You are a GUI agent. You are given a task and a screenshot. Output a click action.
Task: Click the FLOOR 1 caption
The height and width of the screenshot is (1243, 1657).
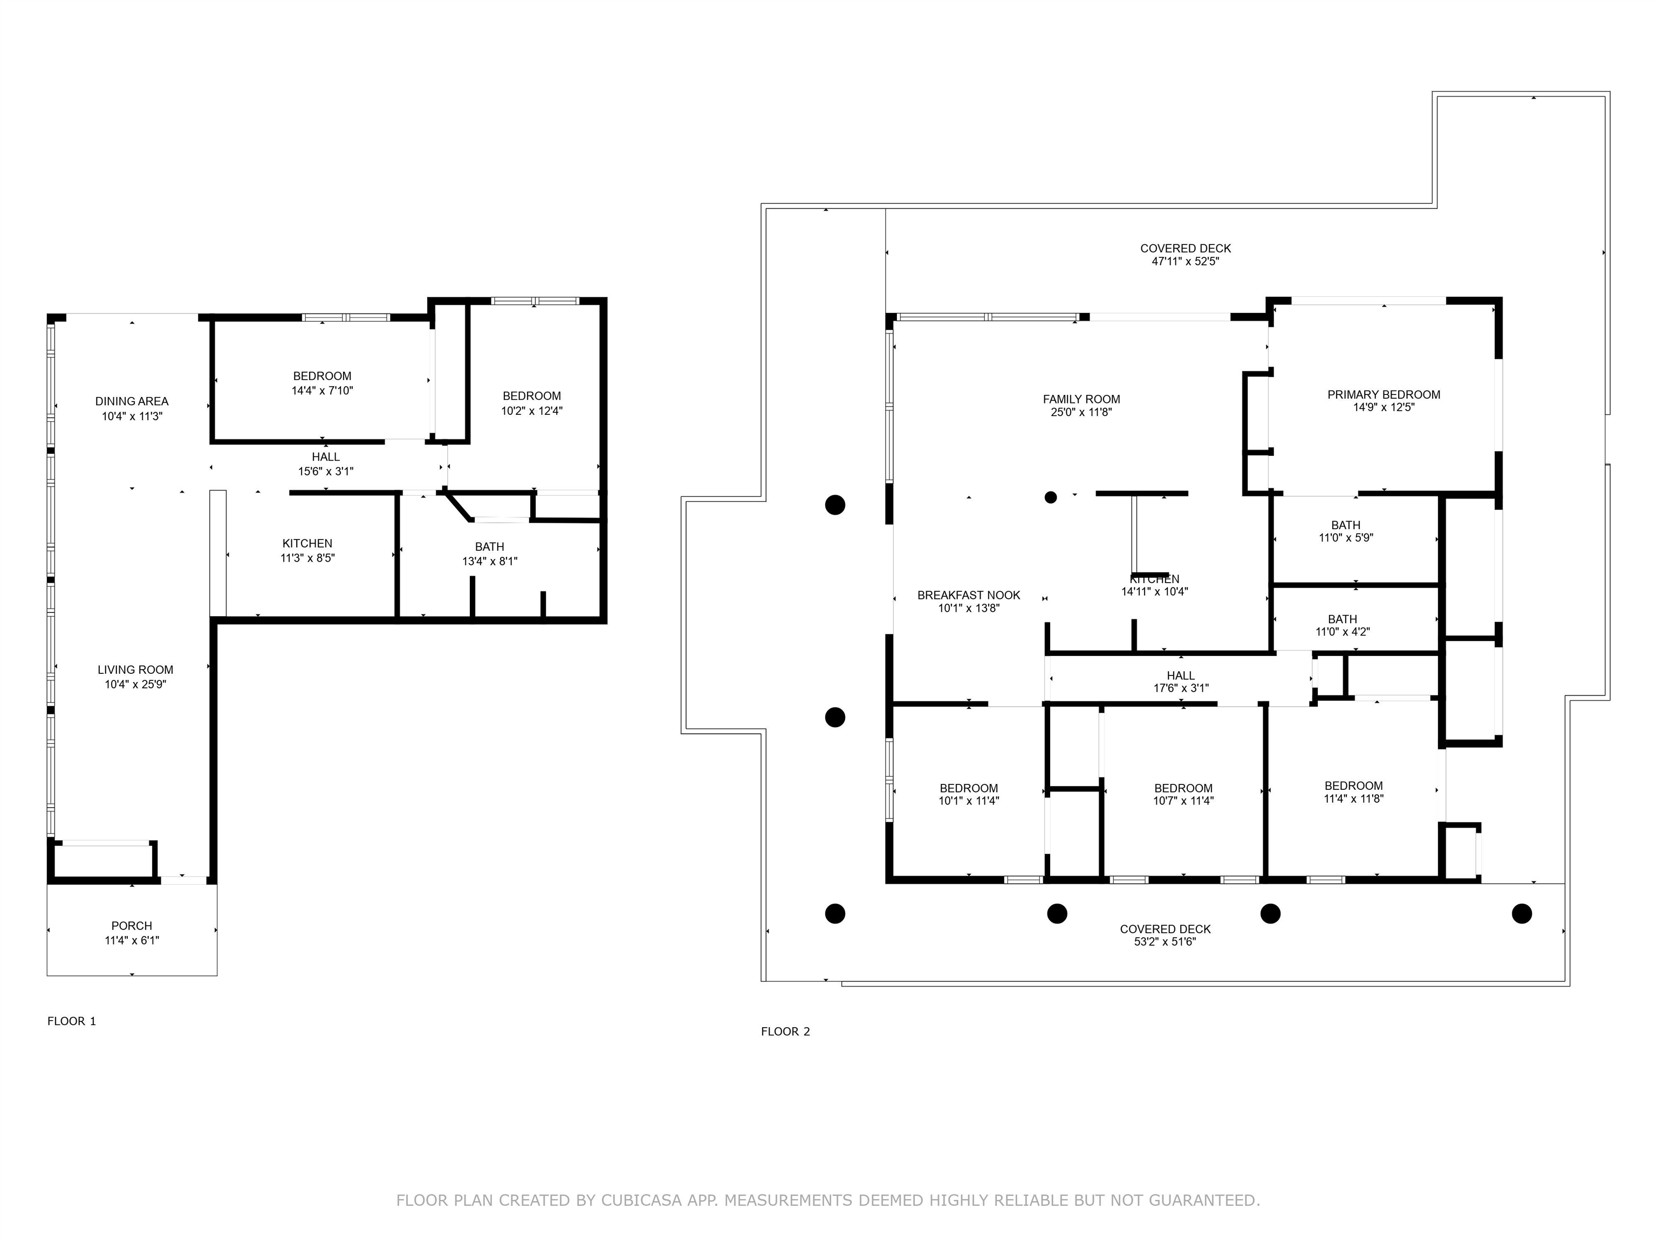point(72,1021)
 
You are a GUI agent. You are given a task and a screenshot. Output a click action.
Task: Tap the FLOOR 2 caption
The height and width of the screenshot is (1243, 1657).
point(786,1032)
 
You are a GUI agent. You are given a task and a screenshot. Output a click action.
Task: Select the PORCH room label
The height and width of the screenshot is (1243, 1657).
point(132,926)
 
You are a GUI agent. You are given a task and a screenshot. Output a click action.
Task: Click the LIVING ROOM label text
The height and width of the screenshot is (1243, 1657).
point(135,670)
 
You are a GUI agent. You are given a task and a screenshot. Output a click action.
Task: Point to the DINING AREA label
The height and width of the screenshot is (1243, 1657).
point(132,401)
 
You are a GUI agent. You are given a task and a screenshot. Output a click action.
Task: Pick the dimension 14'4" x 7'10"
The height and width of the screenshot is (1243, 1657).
point(322,391)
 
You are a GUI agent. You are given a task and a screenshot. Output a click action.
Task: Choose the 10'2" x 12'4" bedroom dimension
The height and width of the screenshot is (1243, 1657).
point(532,411)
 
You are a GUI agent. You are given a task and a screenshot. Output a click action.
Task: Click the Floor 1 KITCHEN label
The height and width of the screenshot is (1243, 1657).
point(307,544)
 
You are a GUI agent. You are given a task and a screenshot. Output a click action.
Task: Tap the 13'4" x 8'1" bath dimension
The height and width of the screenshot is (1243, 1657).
point(490,561)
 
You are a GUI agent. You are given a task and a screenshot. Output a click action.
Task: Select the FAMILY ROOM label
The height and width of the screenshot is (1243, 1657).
point(1081,399)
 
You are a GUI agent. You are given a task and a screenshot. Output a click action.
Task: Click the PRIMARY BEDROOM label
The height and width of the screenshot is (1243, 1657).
point(1384,395)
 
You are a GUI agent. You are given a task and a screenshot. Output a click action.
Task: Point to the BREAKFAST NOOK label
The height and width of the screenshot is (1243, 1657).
point(969,596)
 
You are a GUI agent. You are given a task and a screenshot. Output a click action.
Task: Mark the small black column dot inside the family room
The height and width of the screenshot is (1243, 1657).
point(1051,497)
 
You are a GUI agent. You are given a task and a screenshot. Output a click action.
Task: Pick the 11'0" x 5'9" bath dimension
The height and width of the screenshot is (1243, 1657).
point(1346,538)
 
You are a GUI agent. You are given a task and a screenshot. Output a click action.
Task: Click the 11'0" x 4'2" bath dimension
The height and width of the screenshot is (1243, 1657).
point(1343,632)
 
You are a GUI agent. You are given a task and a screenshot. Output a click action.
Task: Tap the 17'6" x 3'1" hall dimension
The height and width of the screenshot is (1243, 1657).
point(1181,688)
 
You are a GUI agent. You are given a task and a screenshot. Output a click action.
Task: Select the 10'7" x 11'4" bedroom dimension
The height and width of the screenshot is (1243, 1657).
point(1183,801)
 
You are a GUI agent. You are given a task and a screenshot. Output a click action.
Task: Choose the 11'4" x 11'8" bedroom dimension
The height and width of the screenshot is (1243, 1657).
point(1354,798)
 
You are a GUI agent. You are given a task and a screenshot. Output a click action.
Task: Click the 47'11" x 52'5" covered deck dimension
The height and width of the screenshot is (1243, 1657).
point(1186,262)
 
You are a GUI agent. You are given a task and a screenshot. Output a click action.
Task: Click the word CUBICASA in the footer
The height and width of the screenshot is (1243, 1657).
point(641,1201)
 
